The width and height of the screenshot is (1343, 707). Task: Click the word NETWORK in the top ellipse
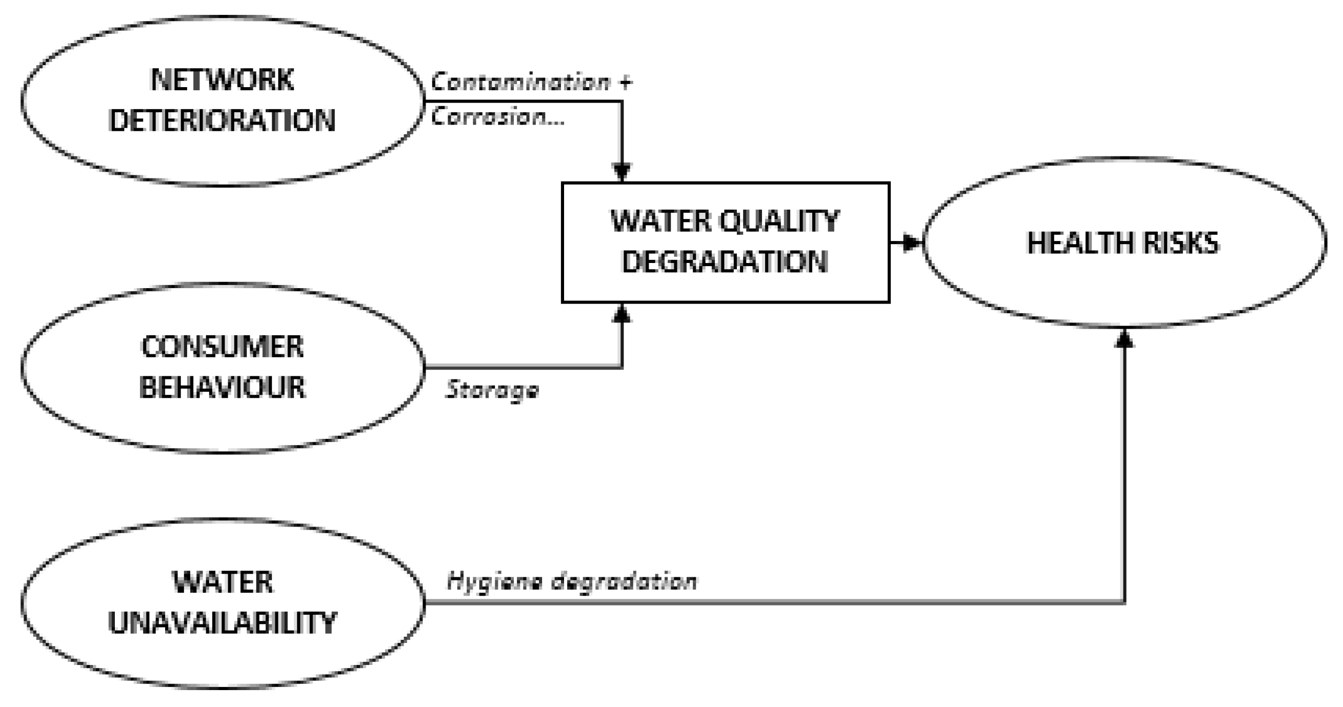[x=222, y=80]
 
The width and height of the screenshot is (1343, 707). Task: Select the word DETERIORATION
[x=222, y=121]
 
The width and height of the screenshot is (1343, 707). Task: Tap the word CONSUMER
[x=222, y=347]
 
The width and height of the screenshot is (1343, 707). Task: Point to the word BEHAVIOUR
[x=222, y=388]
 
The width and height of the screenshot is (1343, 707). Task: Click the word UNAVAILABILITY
[x=222, y=622]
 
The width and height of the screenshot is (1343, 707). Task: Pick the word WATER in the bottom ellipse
[x=222, y=582]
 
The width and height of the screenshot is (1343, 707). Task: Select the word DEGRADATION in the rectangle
[x=725, y=262]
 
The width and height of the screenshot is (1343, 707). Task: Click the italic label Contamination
[x=520, y=83]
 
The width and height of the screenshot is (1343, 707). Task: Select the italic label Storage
[x=492, y=390]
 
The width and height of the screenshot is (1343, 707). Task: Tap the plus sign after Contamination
[x=625, y=83]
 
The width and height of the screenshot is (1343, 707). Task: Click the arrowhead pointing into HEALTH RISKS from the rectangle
[x=912, y=243]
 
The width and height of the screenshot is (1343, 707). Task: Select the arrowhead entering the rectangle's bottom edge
[x=622, y=313]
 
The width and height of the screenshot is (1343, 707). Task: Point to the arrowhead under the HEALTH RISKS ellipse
[x=1125, y=339]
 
